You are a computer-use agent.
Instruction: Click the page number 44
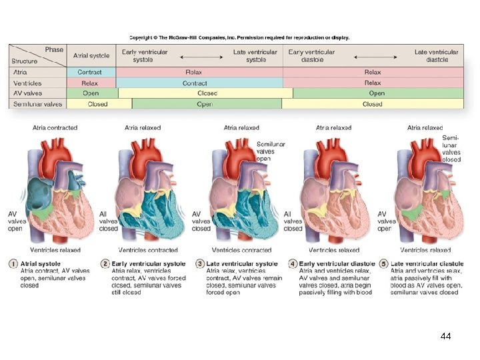[446, 336]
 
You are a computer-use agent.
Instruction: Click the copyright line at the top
[239, 38]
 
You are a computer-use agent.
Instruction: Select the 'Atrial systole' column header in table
[91, 55]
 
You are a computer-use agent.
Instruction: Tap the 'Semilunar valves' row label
[37, 104]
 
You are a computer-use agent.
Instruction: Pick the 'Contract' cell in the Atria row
[90, 72]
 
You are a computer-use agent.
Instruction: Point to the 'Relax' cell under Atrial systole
[90, 83]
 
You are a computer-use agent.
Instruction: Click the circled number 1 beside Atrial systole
[14, 264]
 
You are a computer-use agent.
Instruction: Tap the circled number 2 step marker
[105, 264]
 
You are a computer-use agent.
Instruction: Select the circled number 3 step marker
[200, 264]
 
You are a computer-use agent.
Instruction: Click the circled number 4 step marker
[293, 264]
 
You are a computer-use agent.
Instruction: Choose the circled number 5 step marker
[385, 264]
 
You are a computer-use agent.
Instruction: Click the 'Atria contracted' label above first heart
[55, 127]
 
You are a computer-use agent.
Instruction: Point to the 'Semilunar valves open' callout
[271, 151]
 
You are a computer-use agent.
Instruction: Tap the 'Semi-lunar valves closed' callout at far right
[451, 149]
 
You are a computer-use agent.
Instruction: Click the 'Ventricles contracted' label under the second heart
[151, 250]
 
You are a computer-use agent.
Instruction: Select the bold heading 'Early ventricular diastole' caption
[337, 264]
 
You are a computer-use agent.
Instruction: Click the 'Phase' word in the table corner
[55, 49]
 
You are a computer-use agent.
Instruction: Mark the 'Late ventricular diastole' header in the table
[436, 55]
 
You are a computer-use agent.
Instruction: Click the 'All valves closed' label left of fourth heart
[293, 221]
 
